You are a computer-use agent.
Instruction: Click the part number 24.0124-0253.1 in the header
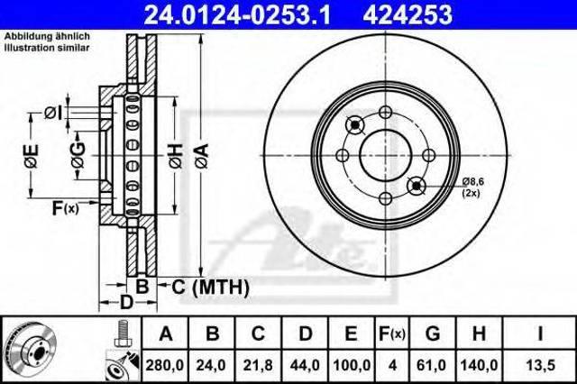pos(237,14)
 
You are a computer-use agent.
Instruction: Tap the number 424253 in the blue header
pos(408,14)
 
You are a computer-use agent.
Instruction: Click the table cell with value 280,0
pos(164,365)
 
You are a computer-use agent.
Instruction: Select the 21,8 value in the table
pos(258,365)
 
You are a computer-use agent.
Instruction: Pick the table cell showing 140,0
pos(479,365)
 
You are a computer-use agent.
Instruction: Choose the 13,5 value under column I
pos(540,365)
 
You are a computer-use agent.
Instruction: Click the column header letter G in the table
pos(433,334)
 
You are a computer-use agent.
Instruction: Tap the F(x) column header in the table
pos(392,334)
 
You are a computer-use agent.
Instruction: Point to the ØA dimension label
pos(202,156)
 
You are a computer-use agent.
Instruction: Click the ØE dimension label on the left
pos(32,156)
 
